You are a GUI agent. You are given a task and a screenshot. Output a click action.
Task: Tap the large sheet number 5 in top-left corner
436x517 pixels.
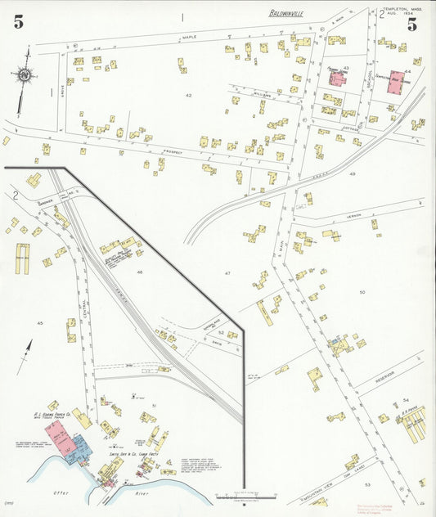click(x=18, y=22)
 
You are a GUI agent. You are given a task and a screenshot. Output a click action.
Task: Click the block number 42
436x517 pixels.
click(x=188, y=96)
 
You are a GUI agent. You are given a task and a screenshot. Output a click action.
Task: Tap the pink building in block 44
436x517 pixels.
click(x=398, y=83)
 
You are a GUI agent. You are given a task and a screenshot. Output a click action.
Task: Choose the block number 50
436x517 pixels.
click(x=362, y=291)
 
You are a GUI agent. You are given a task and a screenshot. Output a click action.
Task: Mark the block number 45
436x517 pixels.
click(x=39, y=323)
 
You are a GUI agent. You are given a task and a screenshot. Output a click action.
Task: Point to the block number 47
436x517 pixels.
click(x=228, y=272)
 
